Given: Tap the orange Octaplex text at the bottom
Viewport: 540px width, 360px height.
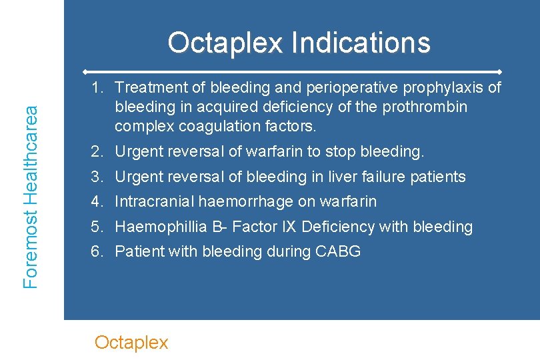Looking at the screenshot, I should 131,343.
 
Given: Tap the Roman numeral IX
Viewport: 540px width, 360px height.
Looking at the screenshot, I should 289,227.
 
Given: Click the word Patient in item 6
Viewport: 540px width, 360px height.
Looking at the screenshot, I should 137,251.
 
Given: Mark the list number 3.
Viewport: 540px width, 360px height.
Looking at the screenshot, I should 96,177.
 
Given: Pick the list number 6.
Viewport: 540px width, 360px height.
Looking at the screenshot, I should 96,251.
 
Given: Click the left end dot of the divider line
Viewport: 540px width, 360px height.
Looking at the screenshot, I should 85,71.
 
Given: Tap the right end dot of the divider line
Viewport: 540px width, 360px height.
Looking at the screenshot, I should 500,71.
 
